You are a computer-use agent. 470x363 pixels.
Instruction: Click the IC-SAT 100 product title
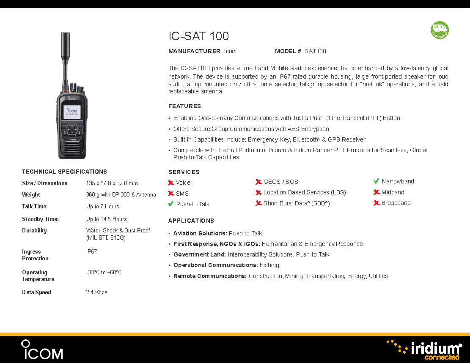click(199, 36)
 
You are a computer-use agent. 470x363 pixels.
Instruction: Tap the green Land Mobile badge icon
click(440, 30)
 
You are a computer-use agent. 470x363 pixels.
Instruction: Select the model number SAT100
click(315, 51)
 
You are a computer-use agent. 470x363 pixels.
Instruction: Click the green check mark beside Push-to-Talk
click(171, 204)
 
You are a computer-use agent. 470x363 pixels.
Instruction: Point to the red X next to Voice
click(171, 183)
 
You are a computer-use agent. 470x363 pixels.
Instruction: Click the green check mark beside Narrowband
click(377, 181)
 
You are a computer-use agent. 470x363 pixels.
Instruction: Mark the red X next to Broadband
click(377, 203)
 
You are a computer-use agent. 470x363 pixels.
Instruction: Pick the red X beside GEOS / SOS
click(258, 182)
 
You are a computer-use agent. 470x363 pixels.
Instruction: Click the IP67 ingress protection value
click(91, 251)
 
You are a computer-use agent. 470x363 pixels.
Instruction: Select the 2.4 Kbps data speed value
click(96, 292)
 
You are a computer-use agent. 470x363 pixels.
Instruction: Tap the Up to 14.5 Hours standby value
click(107, 219)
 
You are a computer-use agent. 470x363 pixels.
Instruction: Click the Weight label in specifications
click(31, 195)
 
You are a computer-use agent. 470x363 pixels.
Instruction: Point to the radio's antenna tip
click(65, 33)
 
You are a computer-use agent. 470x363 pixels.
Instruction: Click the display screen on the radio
click(72, 112)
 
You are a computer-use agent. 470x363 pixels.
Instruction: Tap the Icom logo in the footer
click(42, 349)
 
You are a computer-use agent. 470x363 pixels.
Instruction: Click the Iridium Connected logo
click(424, 350)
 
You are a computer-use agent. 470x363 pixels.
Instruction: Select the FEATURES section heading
click(184, 106)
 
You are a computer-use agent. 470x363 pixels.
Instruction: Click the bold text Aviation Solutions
click(200, 233)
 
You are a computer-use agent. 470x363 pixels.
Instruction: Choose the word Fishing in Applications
click(269, 265)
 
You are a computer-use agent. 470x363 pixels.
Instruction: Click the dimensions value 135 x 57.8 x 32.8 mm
click(112, 183)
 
